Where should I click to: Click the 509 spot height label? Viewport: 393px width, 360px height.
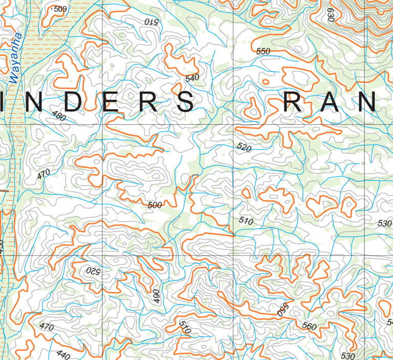60,9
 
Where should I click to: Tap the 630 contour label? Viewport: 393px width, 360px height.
331,16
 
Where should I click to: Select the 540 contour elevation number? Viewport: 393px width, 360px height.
192,78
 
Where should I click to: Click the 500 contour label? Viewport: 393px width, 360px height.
155,205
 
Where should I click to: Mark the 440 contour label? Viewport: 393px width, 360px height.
63,354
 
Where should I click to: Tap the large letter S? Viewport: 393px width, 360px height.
184,102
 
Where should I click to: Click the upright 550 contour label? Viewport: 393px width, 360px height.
263,51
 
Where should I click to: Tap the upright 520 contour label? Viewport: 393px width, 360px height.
245,147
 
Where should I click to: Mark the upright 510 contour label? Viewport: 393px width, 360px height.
246,221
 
